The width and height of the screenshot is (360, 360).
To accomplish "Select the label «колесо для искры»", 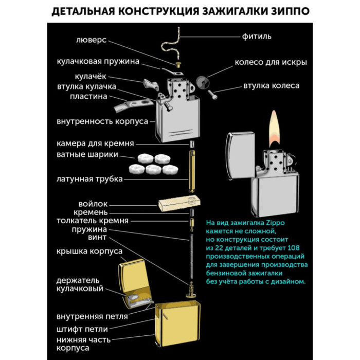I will pyautogui.click(x=271, y=63).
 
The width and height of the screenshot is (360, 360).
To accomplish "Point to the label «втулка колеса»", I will pyautogui.click(x=271, y=85).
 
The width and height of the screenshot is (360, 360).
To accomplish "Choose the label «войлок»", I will pyautogui.click(x=94, y=204).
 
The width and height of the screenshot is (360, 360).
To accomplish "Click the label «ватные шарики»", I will pyautogui.click(x=87, y=155).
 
